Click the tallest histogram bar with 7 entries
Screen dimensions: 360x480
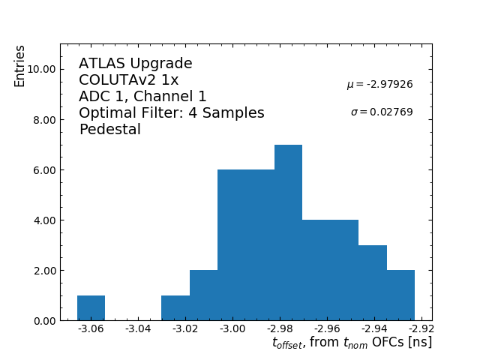coord(288,232)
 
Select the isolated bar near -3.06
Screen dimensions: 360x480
coord(91,308)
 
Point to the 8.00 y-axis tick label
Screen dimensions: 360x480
coord(40,120)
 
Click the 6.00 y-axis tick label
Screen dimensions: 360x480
coord(40,170)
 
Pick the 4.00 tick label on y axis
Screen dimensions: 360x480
coord(40,220)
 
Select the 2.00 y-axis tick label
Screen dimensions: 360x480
coord(40,271)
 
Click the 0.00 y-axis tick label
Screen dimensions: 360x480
coord(40,321)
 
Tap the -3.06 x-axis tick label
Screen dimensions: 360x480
coord(91,329)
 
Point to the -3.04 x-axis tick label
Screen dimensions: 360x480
coord(139,329)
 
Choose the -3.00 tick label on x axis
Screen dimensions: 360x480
coord(232,329)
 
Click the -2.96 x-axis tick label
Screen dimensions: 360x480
coord(327,329)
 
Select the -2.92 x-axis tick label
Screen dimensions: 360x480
coord(421,329)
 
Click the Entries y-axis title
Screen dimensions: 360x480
coord(20,66)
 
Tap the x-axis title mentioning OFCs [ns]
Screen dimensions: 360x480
coord(352,343)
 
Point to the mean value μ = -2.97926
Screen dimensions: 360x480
coord(379,85)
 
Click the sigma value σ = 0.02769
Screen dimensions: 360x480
coord(382,112)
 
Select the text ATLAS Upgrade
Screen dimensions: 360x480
coord(136,64)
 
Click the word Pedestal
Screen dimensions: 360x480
coord(109,130)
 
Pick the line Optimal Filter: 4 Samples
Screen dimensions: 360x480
coord(172,113)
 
